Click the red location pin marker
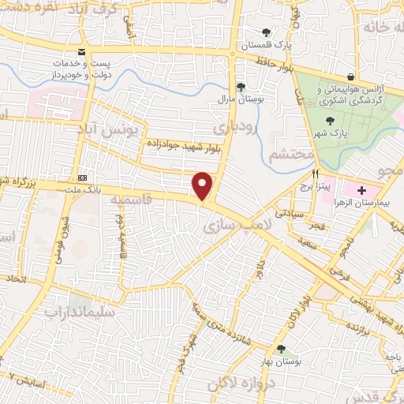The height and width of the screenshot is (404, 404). pyautogui.click(x=203, y=185)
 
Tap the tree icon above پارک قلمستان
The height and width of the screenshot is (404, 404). pyautogui.click(x=267, y=33)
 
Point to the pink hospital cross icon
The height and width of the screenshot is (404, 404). pyautogui.click(x=361, y=190)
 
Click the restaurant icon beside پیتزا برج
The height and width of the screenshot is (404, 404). pyautogui.click(x=315, y=174)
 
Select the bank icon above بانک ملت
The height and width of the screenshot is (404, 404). pyautogui.click(x=81, y=178)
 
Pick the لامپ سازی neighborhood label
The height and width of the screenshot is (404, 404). pyautogui.click(x=230, y=226)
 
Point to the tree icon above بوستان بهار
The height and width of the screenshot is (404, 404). pyautogui.click(x=279, y=348)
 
